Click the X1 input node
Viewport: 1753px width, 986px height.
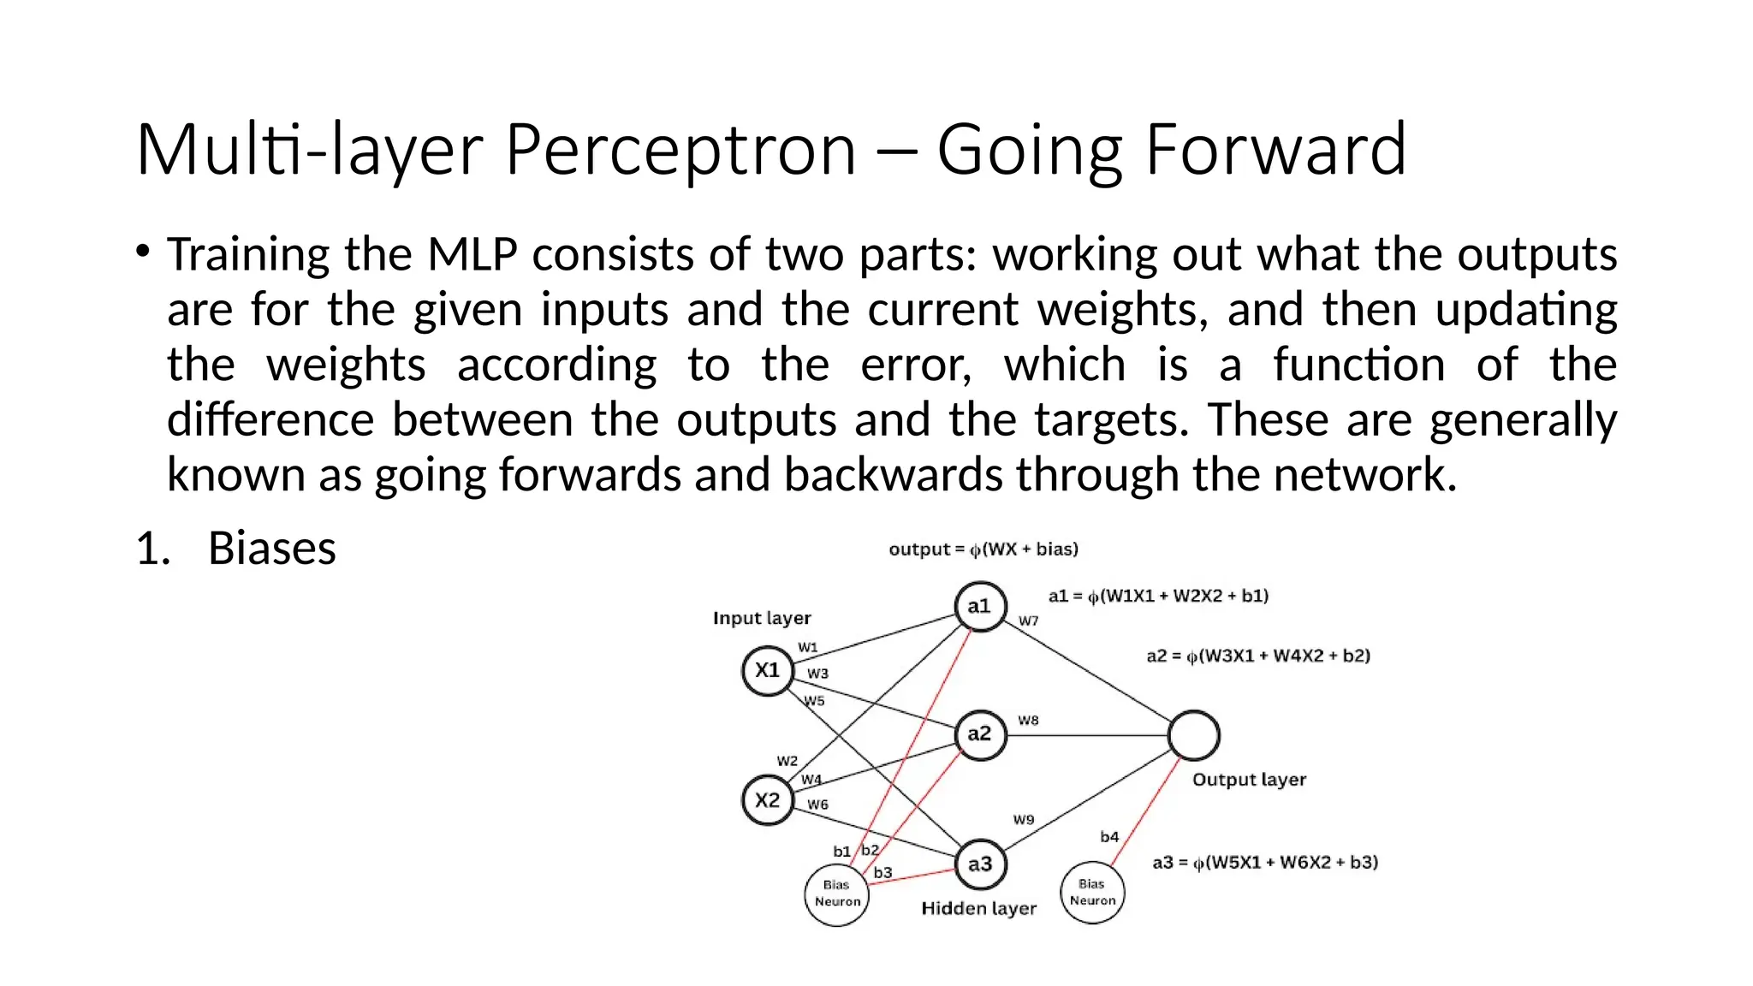pyautogui.click(x=768, y=670)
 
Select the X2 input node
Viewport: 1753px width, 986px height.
pyautogui.click(x=768, y=800)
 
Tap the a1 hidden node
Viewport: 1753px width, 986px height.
pyautogui.click(x=980, y=606)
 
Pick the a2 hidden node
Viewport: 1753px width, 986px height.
pyautogui.click(x=980, y=734)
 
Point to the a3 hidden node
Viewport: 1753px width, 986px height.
pyautogui.click(x=980, y=864)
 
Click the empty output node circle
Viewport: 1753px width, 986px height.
pyautogui.click(x=1194, y=735)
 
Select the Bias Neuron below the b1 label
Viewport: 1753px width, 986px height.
pyautogui.click(x=837, y=894)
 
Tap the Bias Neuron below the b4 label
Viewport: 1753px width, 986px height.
pyautogui.click(x=1092, y=893)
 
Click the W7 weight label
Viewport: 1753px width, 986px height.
pyautogui.click(x=1029, y=621)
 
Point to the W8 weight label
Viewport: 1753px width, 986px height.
pyautogui.click(x=1028, y=721)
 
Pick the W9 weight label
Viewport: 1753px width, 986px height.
pyautogui.click(x=1024, y=820)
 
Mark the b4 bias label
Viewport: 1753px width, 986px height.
pyautogui.click(x=1109, y=837)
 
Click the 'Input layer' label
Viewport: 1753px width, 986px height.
pyautogui.click(x=762, y=618)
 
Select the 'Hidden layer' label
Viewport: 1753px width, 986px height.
pyautogui.click(x=978, y=908)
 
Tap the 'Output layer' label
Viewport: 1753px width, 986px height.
pyautogui.click(x=1249, y=780)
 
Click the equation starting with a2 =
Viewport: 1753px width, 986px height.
pyautogui.click(x=1258, y=656)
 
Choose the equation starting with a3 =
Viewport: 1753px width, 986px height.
pyautogui.click(x=1265, y=863)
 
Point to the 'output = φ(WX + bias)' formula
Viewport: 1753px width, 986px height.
pyautogui.click(x=983, y=549)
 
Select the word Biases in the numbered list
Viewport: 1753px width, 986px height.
pyautogui.click(x=272, y=549)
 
